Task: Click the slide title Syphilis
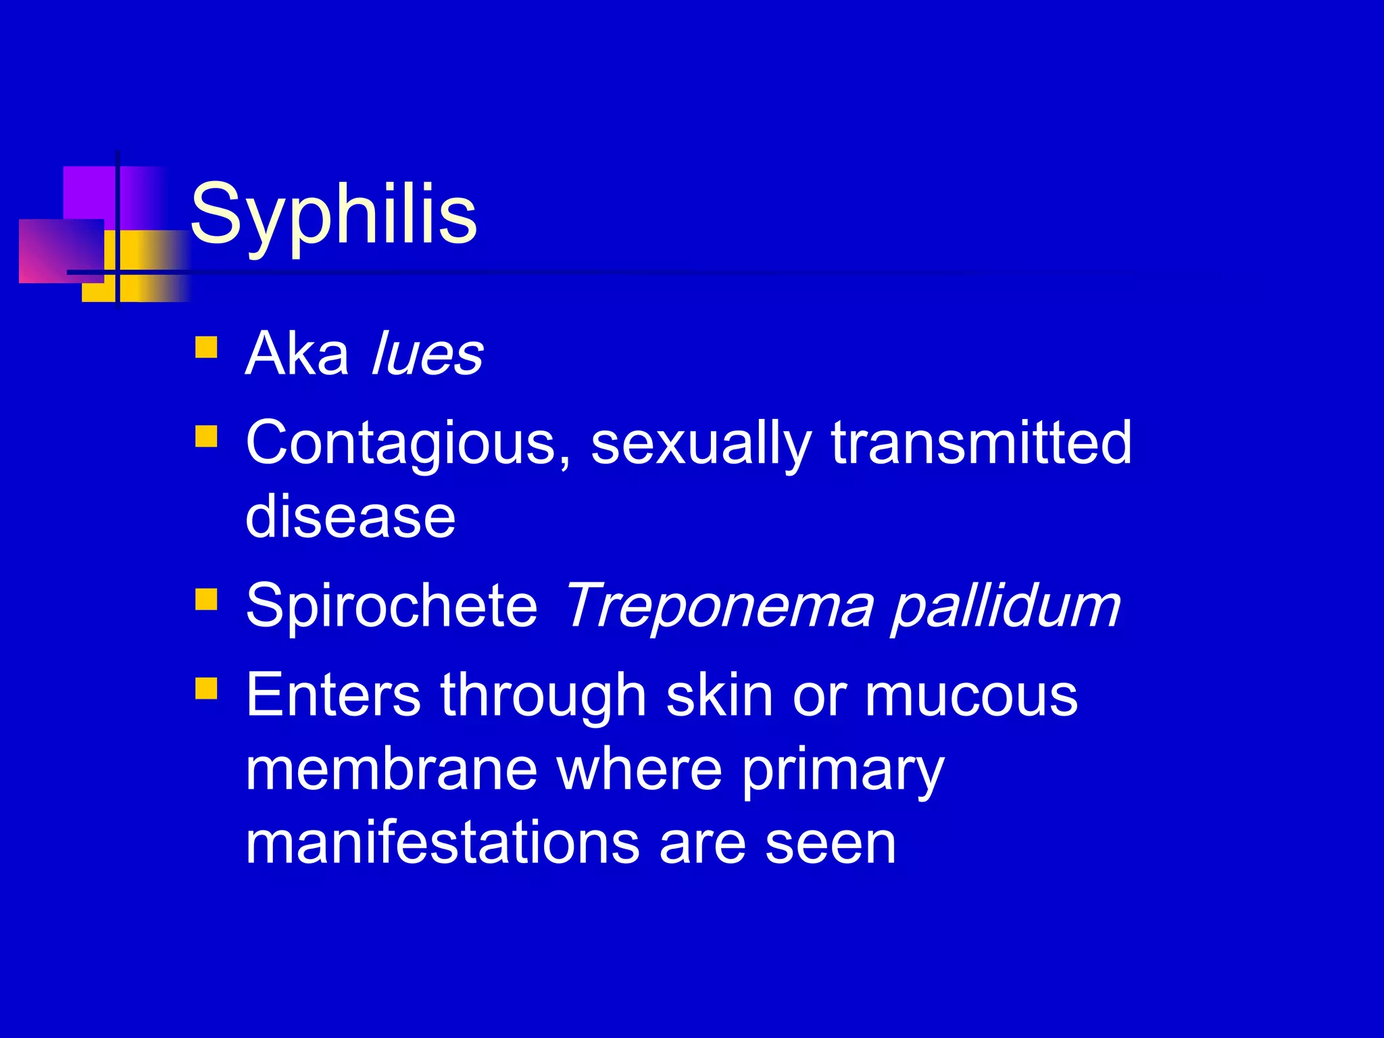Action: point(334,215)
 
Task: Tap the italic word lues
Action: point(428,354)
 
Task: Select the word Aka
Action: point(297,354)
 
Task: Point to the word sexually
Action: point(701,444)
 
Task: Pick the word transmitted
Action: point(981,443)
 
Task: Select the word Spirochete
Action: point(391,605)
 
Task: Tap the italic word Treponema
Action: point(718,605)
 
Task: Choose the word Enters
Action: point(333,695)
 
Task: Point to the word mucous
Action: point(971,697)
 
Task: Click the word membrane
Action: point(391,770)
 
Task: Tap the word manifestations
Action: point(442,844)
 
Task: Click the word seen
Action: point(831,845)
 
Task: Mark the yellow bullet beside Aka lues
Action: point(206,347)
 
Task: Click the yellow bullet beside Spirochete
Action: point(206,599)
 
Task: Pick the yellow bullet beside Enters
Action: point(206,689)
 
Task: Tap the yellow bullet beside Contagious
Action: point(206,437)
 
